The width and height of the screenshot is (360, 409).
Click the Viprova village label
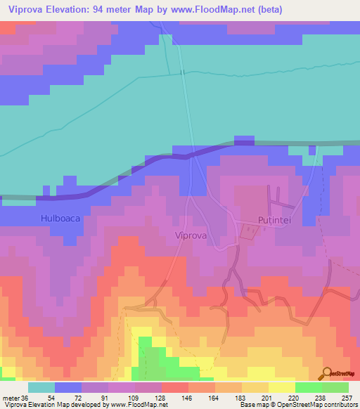coord(190,236)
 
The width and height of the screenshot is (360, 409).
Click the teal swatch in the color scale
coord(41,387)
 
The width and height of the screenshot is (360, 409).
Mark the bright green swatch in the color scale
coord(309,387)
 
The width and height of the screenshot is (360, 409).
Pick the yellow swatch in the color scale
coord(282,387)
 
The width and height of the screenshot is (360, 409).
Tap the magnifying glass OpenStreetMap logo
coord(327,374)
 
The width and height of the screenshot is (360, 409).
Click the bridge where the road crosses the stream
coord(183,72)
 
